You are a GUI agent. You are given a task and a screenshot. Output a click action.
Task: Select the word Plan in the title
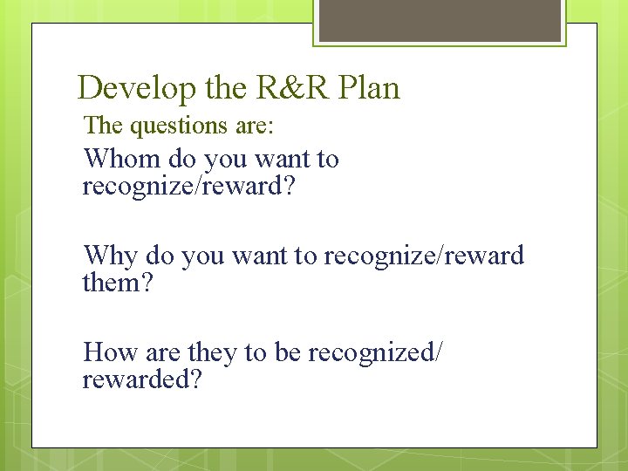368,88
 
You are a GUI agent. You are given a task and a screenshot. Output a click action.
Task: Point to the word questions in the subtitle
180,126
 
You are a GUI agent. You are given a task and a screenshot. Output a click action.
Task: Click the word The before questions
104,126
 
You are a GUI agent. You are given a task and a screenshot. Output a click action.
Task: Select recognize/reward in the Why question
424,256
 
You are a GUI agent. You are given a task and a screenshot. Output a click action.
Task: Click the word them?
117,283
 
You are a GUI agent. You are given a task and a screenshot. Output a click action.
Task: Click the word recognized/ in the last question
375,352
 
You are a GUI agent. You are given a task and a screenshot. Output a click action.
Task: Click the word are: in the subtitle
255,126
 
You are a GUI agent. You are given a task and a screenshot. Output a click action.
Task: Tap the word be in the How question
287,352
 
